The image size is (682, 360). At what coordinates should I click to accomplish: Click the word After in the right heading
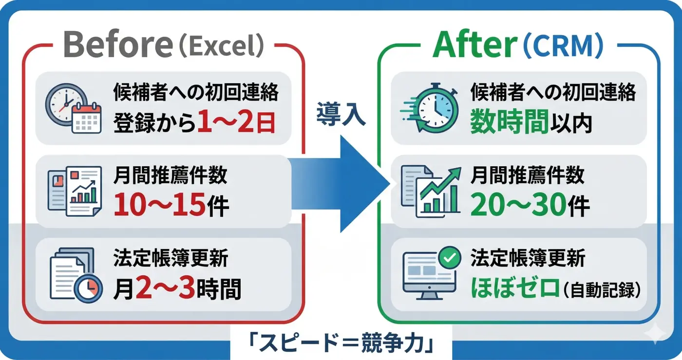474,46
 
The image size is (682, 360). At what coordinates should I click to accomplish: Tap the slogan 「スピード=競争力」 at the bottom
341,343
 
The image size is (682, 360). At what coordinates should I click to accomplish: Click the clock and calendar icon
73,108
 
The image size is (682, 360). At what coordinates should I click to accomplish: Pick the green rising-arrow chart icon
432,191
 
